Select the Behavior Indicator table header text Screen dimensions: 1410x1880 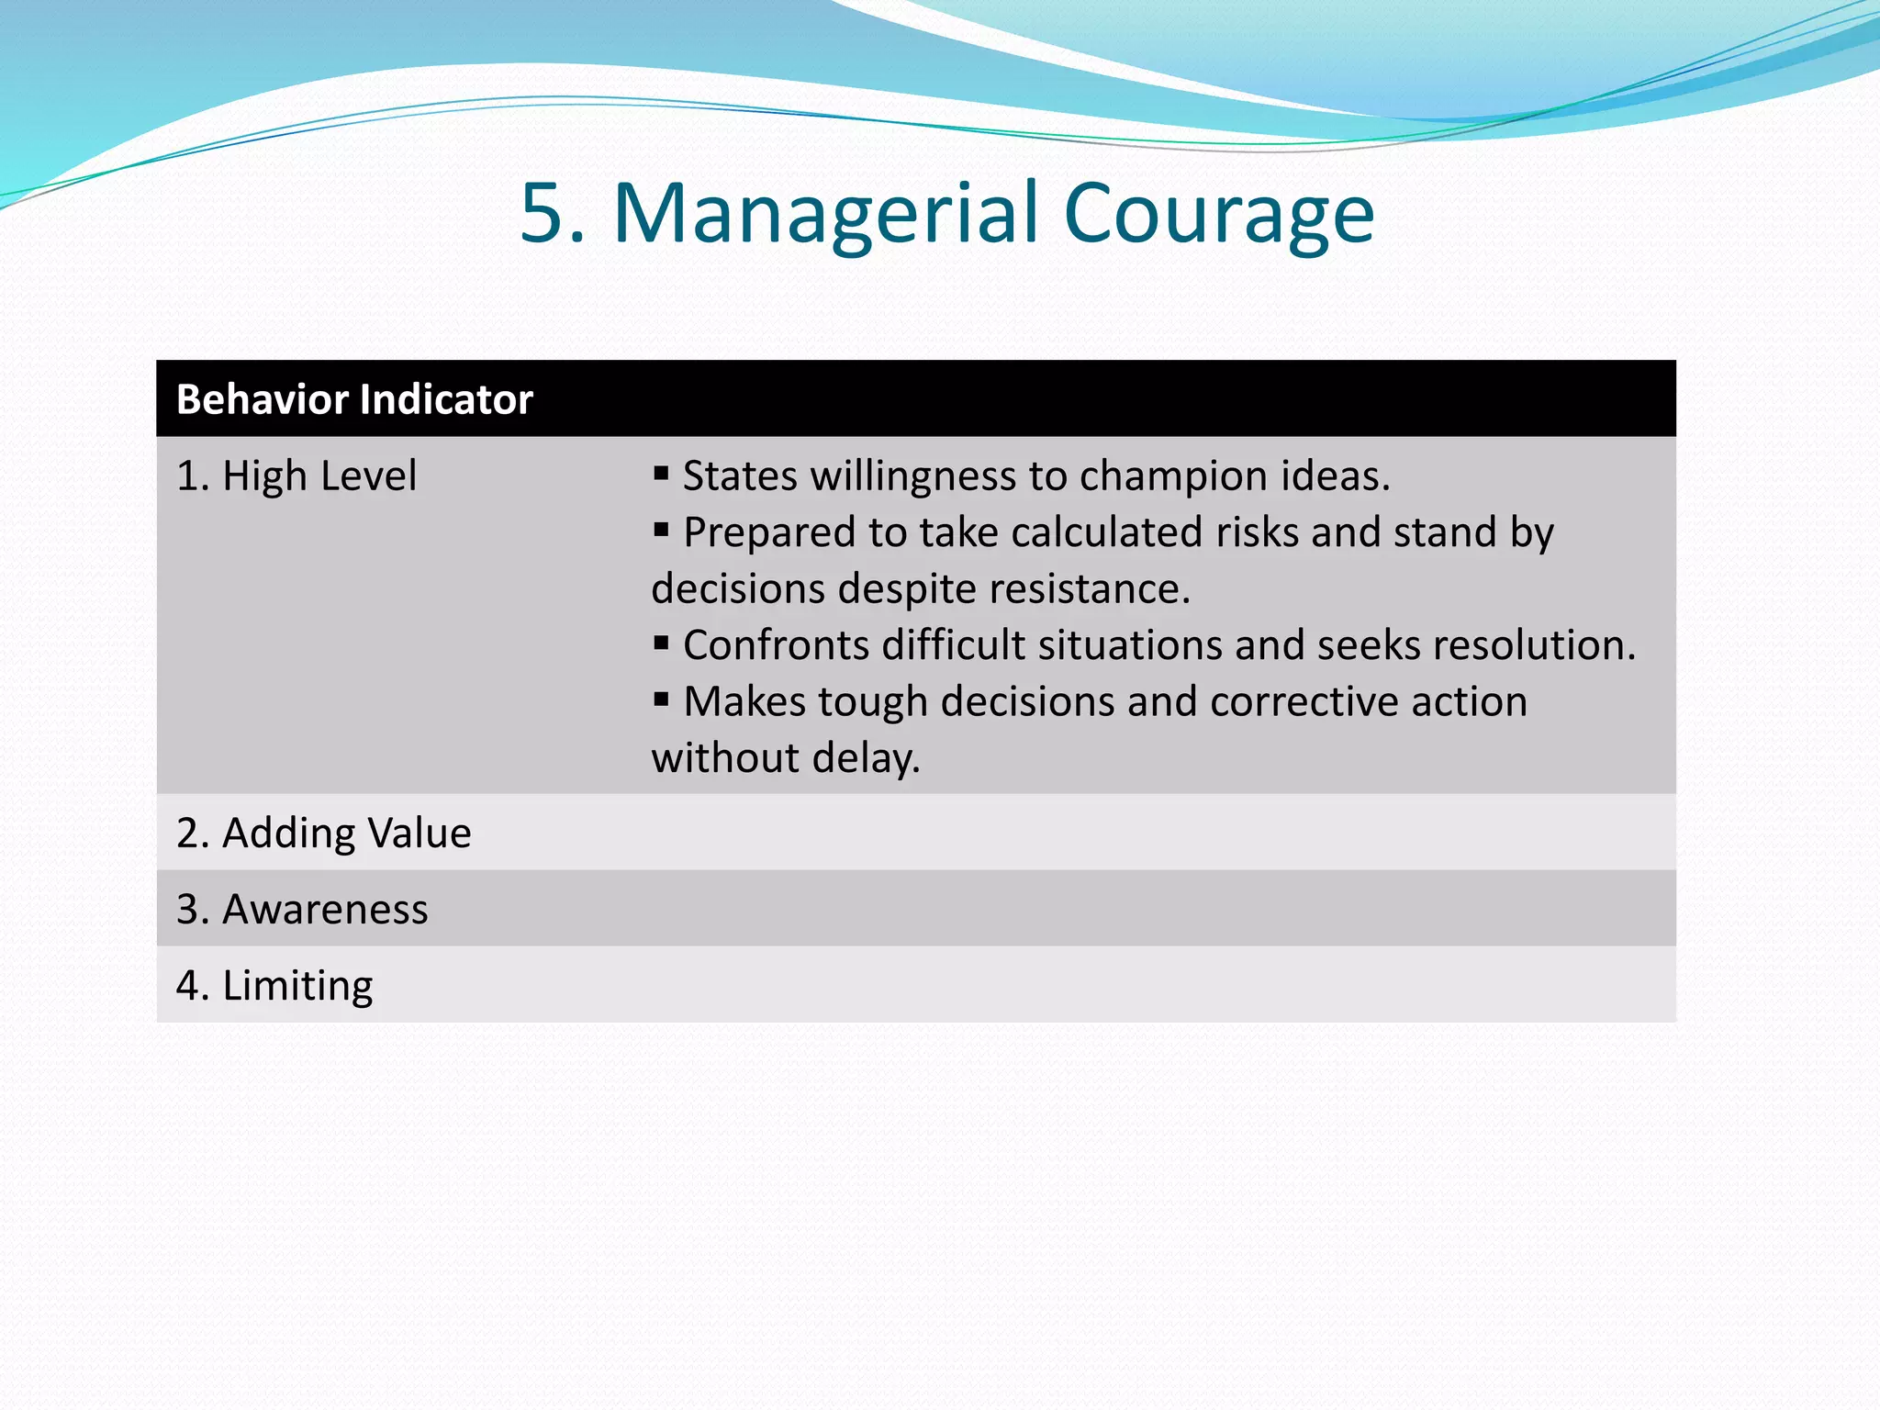pos(354,399)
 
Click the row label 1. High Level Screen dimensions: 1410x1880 pos(296,476)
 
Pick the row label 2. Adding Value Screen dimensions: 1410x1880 pos(323,833)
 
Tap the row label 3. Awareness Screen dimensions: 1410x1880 pos(302,909)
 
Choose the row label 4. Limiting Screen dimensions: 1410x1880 pos(274,985)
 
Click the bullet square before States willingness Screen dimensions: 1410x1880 pos(661,474)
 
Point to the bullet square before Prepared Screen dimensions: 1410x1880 pos(661,530)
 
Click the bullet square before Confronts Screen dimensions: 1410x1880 pos(661,643)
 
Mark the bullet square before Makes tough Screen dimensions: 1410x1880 pos(661,699)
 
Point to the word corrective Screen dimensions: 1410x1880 pos(1304,701)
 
